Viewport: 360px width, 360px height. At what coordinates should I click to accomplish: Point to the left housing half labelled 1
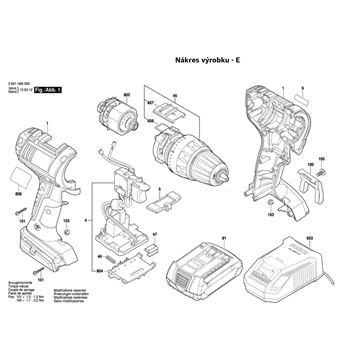click(45, 190)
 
